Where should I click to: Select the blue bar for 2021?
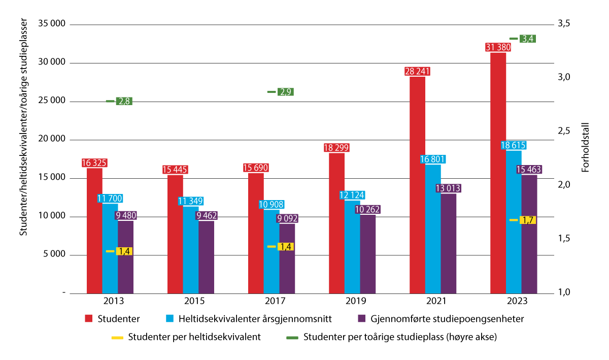coord(433,228)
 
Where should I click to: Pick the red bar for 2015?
coord(175,234)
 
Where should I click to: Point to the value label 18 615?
coord(514,145)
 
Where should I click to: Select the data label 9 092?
coord(287,219)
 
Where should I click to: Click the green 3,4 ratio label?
coord(528,39)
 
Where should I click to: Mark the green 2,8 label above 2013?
coord(124,101)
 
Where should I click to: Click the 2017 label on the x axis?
coord(272,301)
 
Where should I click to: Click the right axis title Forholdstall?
coord(585,147)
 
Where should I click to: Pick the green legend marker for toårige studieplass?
coord(292,337)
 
